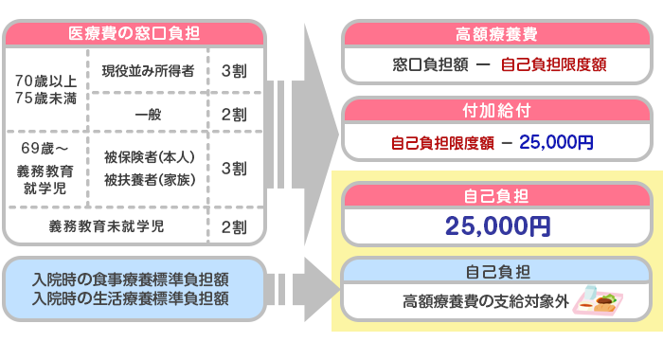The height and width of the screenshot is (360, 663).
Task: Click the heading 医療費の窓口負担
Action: pos(134,33)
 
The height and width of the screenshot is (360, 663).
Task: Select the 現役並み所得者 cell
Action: pos(148,71)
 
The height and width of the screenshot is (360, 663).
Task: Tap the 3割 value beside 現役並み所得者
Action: pos(234,71)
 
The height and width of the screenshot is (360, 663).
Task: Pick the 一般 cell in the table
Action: pos(148,115)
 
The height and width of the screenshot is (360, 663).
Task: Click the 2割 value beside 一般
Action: pos(234,115)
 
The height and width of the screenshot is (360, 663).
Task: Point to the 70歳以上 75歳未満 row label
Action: pos(45,89)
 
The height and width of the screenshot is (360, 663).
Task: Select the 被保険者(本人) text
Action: pos(150,157)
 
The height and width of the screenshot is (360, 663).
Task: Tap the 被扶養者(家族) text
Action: pos(150,180)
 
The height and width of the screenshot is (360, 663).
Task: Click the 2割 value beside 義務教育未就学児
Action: pos(234,227)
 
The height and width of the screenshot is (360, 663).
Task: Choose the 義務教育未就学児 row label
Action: pos(106,226)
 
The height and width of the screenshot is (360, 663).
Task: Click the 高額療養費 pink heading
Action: pos(496,34)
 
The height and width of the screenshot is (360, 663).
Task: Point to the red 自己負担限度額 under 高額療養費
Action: pos(553,64)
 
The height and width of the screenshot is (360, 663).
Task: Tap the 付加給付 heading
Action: pos(496,111)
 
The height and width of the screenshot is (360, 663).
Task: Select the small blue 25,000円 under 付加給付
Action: pos(556,142)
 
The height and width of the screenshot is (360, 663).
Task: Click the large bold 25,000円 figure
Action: pos(497,225)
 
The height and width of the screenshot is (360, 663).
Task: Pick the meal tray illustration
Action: pos(598,300)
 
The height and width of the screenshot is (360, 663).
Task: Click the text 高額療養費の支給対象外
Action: pos(485,301)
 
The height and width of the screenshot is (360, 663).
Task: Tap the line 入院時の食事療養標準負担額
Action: pos(131,279)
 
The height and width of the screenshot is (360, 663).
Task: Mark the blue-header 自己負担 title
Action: pos(497,272)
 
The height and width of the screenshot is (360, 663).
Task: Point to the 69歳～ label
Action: pos(45,148)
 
